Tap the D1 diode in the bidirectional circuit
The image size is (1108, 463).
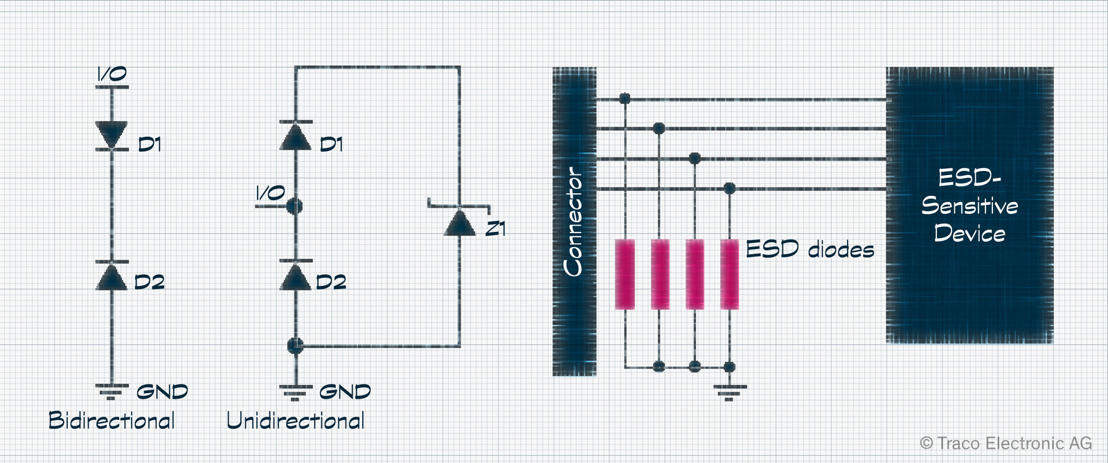(111, 135)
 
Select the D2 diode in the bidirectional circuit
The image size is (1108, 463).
(111, 275)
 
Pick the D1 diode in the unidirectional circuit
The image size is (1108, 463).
(295, 135)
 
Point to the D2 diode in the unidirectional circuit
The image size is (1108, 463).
(295, 275)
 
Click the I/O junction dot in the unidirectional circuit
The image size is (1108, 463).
(295, 206)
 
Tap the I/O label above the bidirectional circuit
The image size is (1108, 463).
(111, 74)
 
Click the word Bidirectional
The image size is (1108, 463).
(111, 421)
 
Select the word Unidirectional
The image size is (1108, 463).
(295, 421)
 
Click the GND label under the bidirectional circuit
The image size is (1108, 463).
(162, 392)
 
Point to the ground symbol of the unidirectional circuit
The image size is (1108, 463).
(296, 392)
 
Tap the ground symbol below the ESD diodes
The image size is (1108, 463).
(730, 393)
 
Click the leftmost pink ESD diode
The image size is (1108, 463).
(625, 274)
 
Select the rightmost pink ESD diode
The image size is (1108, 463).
(730, 274)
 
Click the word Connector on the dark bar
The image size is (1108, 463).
(574, 221)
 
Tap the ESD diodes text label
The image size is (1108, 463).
(810, 249)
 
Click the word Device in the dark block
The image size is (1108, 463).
(969, 233)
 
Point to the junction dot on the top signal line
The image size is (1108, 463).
(625, 98)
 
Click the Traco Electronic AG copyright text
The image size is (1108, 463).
(1006, 443)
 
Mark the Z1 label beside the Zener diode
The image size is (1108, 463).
(496, 229)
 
